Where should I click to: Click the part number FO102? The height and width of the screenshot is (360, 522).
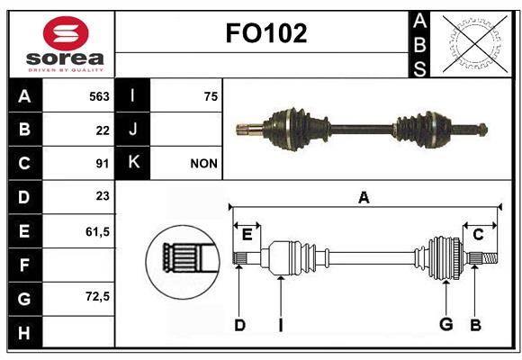click(266, 33)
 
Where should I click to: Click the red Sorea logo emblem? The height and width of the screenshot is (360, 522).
click(66, 33)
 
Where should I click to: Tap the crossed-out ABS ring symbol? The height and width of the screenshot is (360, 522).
click(475, 43)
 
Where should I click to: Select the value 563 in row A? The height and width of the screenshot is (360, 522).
click(99, 96)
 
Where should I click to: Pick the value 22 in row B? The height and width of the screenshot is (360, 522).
click(103, 130)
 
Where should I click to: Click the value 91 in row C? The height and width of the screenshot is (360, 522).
click(103, 164)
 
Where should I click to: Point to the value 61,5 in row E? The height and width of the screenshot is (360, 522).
click(97, 232)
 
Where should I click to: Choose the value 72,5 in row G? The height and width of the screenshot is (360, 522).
click(97, 296)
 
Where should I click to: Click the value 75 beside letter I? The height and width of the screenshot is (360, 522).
click(211, 96)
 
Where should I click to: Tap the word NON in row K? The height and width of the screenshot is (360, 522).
click(203, 164)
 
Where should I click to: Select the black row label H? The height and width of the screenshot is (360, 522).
click(24, 332)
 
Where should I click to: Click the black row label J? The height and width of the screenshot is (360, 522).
click(132, 130)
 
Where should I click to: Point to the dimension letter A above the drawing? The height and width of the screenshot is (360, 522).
click(364, 197)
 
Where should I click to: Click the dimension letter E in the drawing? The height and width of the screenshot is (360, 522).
click(247, 235)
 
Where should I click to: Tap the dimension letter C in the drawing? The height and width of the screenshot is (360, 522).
click(478, 235)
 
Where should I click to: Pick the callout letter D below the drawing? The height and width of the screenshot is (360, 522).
click(239, 325)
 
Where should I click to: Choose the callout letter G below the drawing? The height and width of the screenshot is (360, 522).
click(446, 324)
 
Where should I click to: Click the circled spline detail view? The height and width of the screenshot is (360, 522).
click(183, 261)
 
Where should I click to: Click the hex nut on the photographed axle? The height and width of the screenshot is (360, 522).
click(482, 130)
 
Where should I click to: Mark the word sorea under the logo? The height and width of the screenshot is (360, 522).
click(65, 58)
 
